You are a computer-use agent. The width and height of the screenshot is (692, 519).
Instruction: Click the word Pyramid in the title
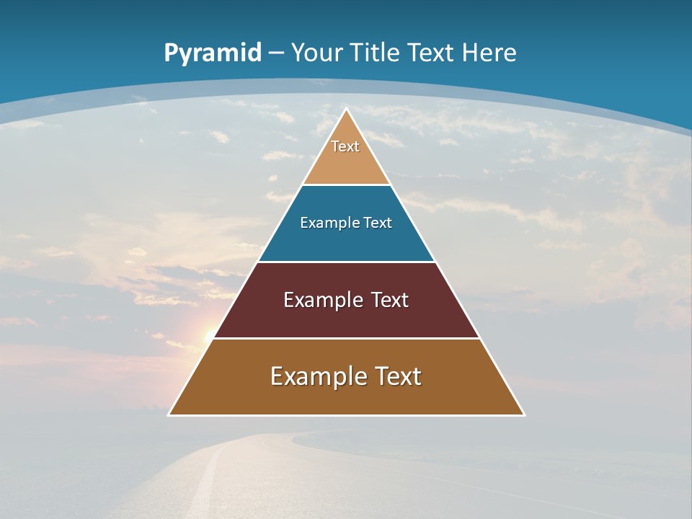pos(212,53)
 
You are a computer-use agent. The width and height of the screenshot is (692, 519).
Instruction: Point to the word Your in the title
pos(316,53)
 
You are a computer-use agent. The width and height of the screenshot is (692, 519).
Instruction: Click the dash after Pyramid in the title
pos(276,53)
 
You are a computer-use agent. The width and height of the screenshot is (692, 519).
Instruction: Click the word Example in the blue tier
pos(321,223)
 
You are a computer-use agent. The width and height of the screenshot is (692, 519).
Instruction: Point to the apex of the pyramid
pos(346,110)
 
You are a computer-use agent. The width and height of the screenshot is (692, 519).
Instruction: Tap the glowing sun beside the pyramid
pos(209,335)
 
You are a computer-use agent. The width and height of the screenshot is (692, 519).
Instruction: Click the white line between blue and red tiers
pos(346,262)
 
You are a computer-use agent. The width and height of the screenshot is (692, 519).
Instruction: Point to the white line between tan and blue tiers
pos(346,185)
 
